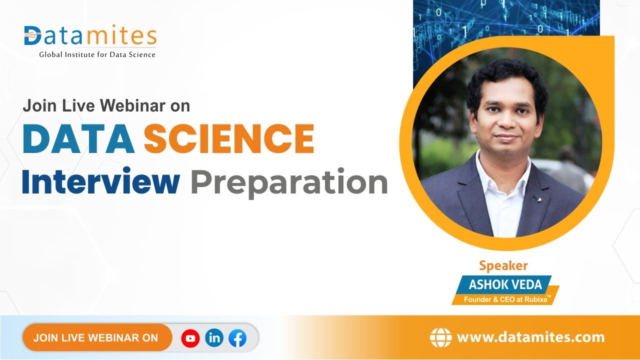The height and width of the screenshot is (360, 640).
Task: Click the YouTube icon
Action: [190, 338]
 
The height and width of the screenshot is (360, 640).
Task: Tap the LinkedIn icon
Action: [214, 338]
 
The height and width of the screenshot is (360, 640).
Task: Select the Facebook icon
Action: [237, 338]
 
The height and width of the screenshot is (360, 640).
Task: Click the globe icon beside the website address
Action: [440, 337]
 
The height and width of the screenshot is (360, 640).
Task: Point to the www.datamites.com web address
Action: [530, 337]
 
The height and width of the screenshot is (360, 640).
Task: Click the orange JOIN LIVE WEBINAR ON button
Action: [96, 337]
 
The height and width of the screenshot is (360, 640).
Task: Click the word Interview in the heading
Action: [100, 182]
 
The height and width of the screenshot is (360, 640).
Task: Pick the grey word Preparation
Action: [289, 183]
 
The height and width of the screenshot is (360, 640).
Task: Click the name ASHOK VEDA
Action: [505, 284]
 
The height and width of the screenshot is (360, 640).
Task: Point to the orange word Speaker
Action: [503, 265]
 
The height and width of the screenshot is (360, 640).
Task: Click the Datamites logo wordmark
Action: [90, 36]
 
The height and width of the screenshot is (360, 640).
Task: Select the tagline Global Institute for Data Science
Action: [97, 54]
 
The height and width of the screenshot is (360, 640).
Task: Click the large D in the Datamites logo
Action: [33, 36]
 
